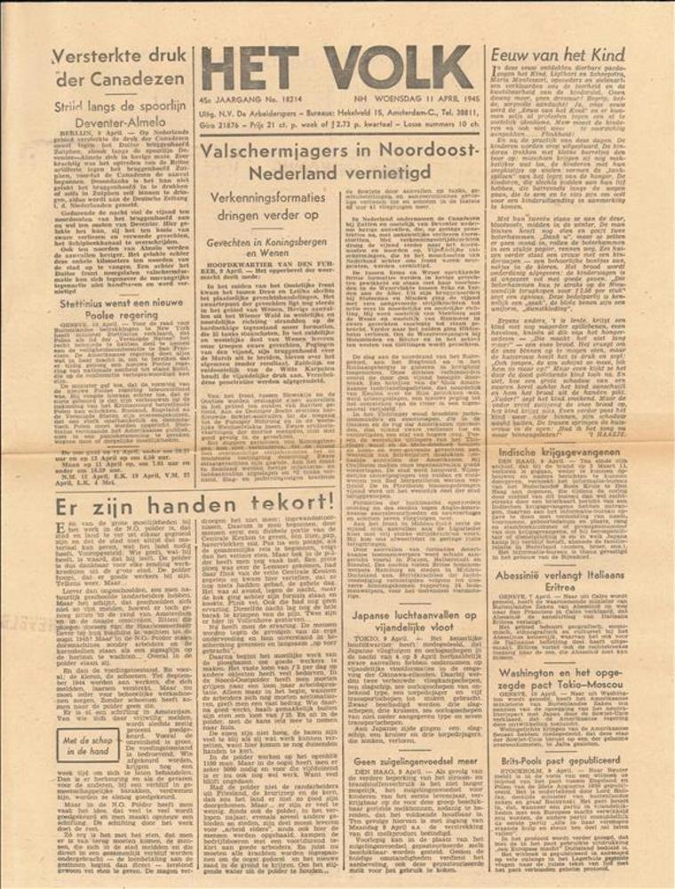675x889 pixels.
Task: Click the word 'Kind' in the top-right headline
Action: point(628,53)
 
